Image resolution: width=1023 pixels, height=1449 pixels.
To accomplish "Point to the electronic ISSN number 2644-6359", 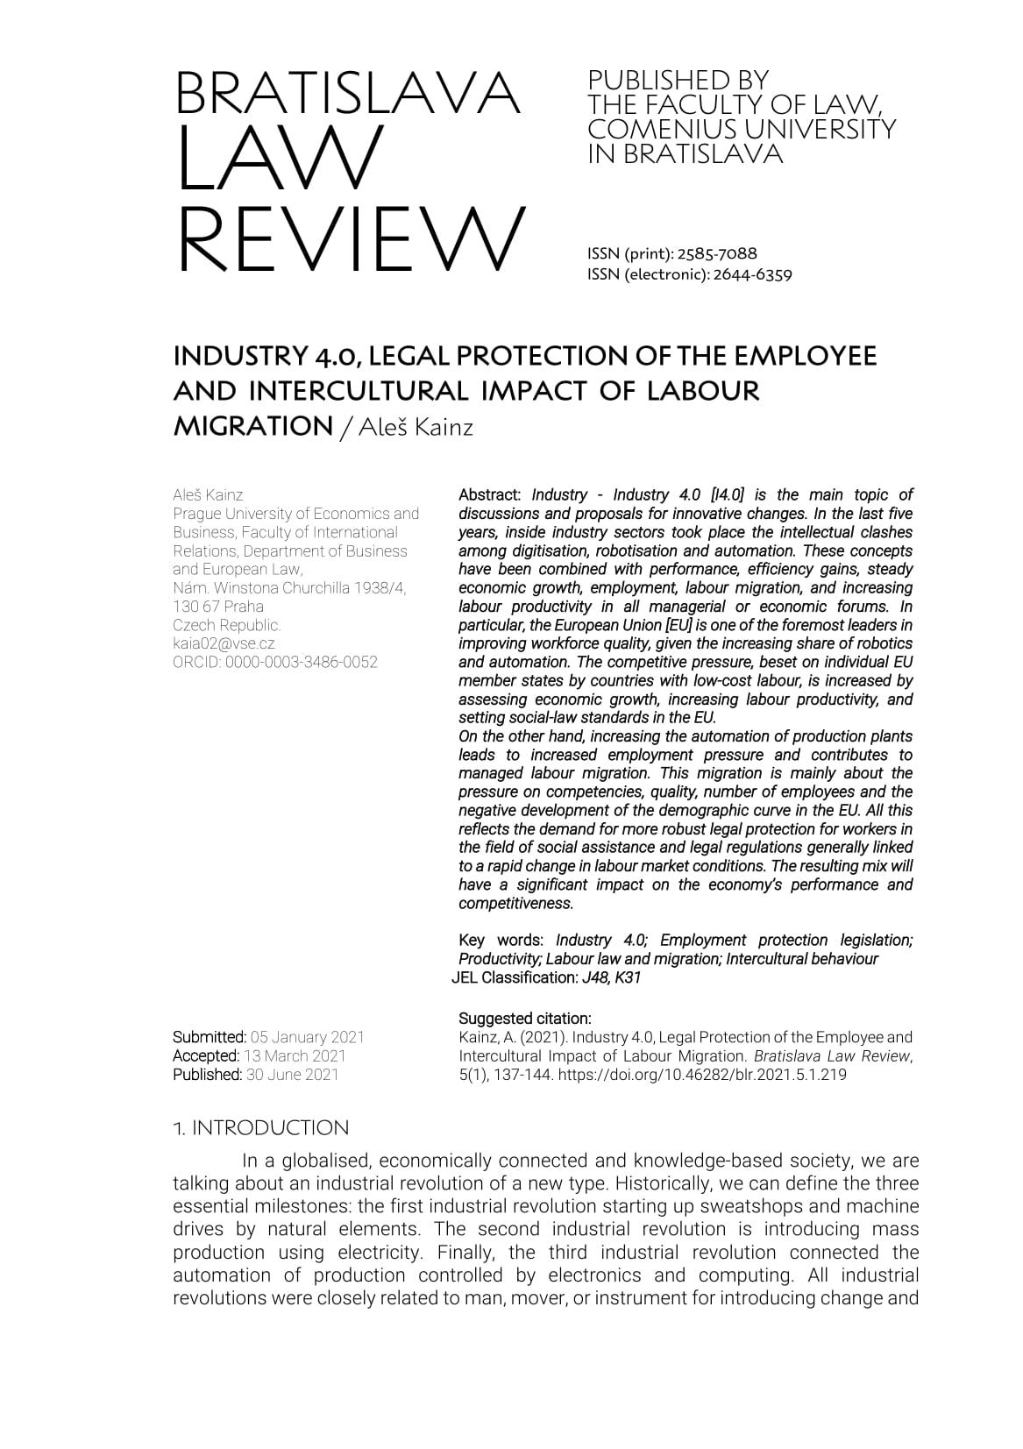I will (x=752, y=274).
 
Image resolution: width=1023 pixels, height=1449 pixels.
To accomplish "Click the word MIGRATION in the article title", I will (x=252, y=426).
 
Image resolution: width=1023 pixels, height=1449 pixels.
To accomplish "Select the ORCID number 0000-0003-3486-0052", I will (x=301, y=662).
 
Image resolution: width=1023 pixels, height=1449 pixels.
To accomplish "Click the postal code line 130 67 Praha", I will (x=218, y=607).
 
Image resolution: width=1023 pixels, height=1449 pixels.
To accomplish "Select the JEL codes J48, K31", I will (x=611, y=977).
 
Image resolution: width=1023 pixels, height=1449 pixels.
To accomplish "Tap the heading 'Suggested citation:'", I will (x=525, y=1019).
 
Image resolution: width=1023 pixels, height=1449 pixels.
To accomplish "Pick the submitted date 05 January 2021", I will (x=307, y=1037).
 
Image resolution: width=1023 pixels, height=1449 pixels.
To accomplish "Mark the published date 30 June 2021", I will (x=292, y=1075).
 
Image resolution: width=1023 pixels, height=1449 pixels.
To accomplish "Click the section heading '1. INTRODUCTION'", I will (x=260, y=1128).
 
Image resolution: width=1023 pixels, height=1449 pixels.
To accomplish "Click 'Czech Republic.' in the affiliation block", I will (x=227, y=625).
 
